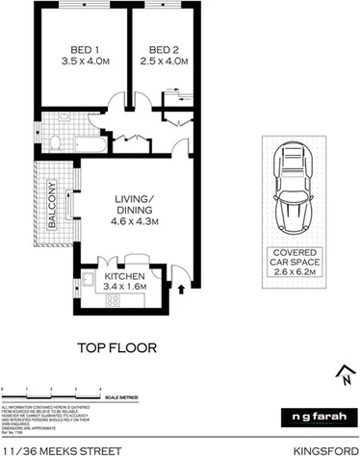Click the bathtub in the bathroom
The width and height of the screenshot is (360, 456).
tap(86, 146)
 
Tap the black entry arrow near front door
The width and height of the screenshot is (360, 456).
tap(181, 287)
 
